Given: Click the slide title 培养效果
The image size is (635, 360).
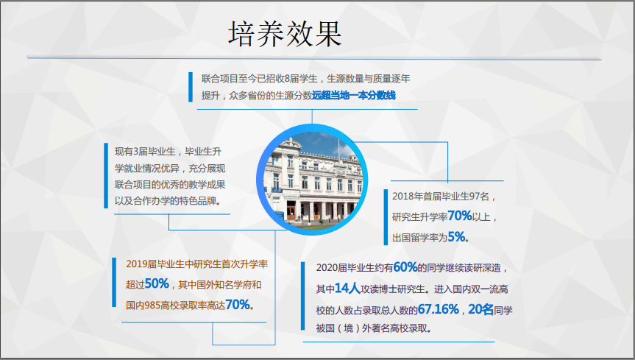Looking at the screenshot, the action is tap(285, 34).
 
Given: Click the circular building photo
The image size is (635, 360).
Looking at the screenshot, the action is tap(312, 180).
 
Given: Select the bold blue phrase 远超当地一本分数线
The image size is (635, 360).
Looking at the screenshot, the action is tap(354, 96).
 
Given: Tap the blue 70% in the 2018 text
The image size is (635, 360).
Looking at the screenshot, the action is tap(460, 216).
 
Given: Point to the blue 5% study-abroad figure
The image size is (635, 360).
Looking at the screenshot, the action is tap(456, 236).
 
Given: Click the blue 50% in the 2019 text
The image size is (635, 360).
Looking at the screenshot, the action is tap(157, 283).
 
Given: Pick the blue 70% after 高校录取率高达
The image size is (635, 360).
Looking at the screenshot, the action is tap(238, 305).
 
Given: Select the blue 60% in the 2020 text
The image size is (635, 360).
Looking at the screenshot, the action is tap(405, 267).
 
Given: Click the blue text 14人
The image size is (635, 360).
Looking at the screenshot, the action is tap(347, 289).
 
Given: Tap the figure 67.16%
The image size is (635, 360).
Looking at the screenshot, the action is tap(439, 309).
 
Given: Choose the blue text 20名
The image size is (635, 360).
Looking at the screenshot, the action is tap(480, 309).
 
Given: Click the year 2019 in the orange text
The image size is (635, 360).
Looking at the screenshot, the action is tap(136, 264).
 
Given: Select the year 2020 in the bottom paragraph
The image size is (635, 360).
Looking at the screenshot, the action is tap(327, 268).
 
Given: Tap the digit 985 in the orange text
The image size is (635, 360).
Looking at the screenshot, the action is tap(152, 306).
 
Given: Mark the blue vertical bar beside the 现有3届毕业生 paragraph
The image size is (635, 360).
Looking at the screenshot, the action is tap(106, 175).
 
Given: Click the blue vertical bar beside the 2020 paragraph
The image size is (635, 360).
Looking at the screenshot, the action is tap(303, 296).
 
